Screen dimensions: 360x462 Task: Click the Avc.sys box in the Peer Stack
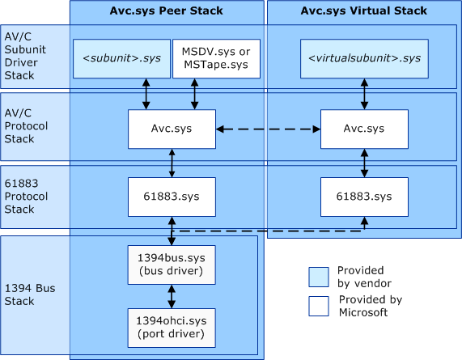[172, 129]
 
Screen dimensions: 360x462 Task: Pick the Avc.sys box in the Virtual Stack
[364, 129]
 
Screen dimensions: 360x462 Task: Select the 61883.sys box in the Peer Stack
[172, 197]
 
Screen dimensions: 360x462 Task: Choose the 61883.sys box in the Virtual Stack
[364, 197]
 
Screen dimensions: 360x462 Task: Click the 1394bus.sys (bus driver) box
[171, 263]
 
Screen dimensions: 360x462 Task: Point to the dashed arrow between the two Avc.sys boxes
[268, 129]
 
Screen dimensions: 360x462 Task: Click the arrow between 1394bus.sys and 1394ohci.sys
[171, 296]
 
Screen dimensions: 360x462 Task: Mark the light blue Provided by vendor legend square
[319, 277]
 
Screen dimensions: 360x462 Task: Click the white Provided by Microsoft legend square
[319, 306]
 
